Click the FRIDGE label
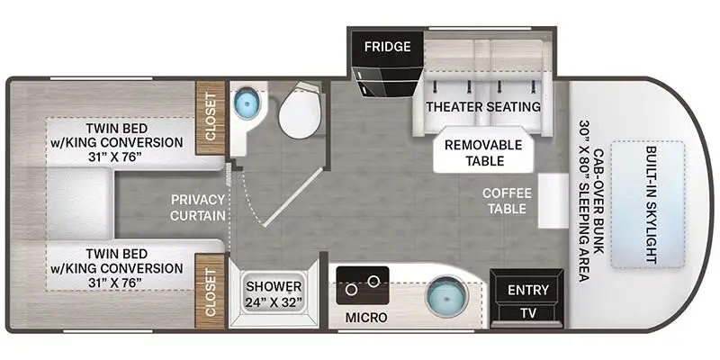click(x=387, y=46)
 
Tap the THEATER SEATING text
click(x=483, y=106)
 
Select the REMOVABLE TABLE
click(x=483, y=153)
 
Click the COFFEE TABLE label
click(x=508, y=200)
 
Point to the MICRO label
click(x=366, y=319)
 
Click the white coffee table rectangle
click(x=551, y=201)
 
